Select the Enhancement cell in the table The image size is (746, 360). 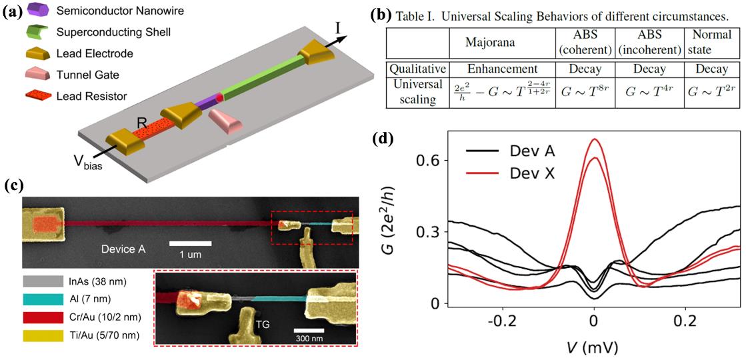[x=493, y=69]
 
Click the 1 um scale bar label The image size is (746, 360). [x=190, y=254]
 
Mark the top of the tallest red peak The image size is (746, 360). [x=593, y=139]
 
